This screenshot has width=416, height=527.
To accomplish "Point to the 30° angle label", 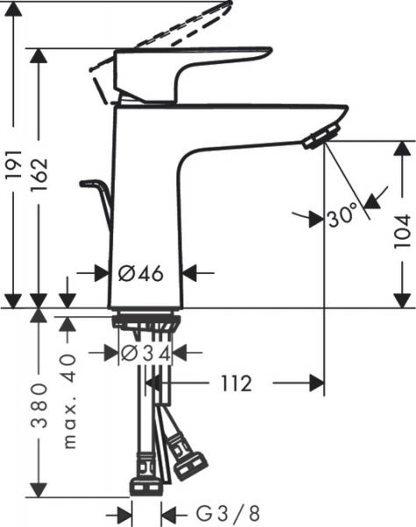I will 343,215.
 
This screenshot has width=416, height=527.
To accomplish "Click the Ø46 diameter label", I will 140,273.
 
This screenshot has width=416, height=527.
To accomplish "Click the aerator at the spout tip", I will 318,136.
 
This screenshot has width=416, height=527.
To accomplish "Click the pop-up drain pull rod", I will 98,198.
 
